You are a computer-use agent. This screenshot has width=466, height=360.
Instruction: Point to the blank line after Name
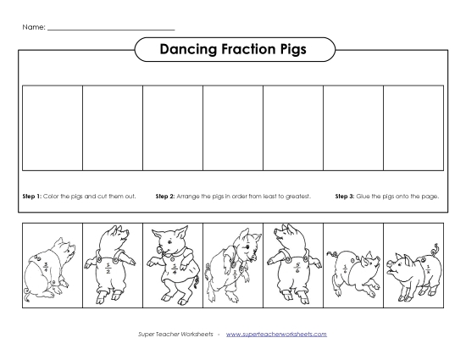[x=110, y=30]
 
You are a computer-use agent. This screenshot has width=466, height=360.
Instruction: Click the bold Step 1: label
[x=31, y=197]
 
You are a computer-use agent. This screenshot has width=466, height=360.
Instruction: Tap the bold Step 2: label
[x=165, y=197]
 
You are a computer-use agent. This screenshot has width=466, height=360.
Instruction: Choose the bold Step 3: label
[x=345, y=197]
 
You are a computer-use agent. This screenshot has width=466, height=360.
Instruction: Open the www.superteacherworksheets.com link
[x=276, y=334]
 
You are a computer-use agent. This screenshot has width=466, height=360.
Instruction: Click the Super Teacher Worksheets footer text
[x=175, y=334]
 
